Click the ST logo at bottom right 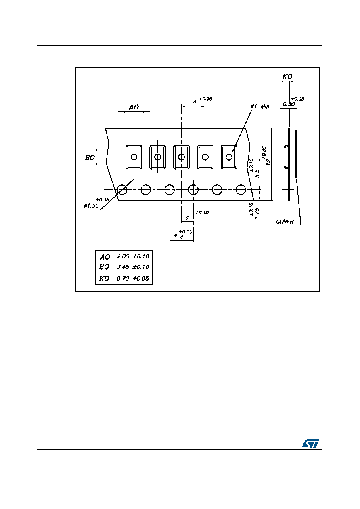[310, 444]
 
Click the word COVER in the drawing [285, 222]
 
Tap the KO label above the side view [287, 77]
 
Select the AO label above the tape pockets [134, 107]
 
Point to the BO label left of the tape [90, 157]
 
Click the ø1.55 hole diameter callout [91, 206]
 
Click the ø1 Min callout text [260, 106]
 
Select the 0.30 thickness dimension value [289, 104]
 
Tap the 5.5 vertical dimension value [257, 174]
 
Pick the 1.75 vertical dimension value [257, 214]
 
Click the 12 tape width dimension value [268, 162]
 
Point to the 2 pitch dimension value [187, 218]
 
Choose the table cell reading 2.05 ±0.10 [133, 256]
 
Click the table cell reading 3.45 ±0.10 [133, 267]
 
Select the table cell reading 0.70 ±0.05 [133, 279]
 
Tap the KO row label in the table [104, 279]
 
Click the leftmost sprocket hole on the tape [122, 189]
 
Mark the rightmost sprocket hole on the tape [241, 189]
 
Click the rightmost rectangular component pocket [229, 157]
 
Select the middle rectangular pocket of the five [181, 157]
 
